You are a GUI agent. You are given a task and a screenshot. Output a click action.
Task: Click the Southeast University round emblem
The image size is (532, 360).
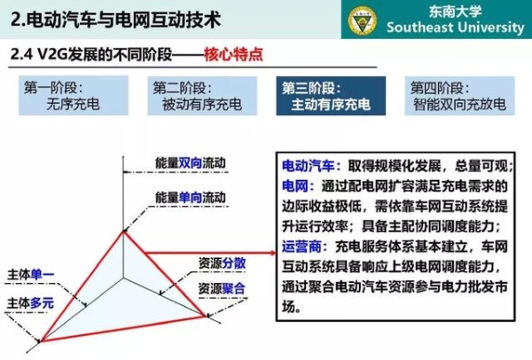[x=363, y=20]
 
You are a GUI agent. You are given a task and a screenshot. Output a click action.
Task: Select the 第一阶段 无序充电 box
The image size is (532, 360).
[x=74, y=96]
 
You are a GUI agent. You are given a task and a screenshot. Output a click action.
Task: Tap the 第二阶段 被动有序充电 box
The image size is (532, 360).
[x=202, y=96]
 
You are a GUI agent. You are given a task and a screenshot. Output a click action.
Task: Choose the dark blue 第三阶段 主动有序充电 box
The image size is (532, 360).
[x=331, y=96]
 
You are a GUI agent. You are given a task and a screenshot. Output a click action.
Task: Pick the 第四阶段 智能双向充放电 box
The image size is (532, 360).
[x=459, y=96]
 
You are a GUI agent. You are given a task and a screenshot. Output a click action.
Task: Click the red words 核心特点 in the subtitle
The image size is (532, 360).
[x=233, y=54]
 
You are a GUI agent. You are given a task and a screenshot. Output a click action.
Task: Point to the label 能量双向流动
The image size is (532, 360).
[x=191, y=163]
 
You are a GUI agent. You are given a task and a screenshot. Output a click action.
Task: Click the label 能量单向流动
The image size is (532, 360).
[x=191, y=197]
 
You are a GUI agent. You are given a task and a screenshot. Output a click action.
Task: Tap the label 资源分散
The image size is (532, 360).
[x=222, y=263]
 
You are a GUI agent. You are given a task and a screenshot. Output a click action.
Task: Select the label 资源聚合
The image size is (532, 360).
[x=222, y=289]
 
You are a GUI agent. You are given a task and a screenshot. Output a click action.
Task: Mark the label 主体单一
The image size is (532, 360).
[x=30, y=275]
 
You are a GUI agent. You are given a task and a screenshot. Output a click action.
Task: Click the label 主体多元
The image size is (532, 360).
[x=30, y=303]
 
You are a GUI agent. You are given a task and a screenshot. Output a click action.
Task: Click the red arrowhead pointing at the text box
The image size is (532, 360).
[x=273, y=253]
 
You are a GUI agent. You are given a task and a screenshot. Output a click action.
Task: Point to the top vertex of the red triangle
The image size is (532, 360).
[x=124, y=231]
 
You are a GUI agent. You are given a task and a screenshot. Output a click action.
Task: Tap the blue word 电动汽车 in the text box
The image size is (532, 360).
[x=308, y=166]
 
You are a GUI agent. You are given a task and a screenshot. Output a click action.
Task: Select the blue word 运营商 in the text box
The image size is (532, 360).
[x=301, y=247]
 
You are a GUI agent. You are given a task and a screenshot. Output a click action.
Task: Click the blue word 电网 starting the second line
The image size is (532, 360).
[x=295, y=186]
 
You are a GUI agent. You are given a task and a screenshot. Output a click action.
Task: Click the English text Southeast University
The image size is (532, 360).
[x=456, y=27]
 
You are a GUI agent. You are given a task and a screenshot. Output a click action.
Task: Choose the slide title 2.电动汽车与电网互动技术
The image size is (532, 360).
[x=115, y=20]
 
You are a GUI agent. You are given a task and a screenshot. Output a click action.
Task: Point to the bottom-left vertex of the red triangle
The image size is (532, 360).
[x=41, y=340]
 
